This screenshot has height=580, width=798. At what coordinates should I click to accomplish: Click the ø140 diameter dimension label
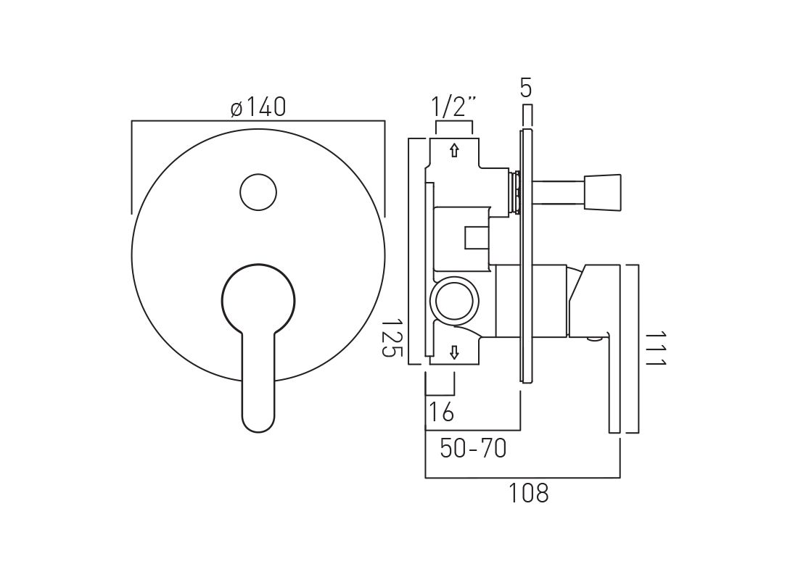click(x=258, y=108)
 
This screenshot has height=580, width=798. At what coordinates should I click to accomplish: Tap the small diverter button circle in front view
click(x=258, y=192)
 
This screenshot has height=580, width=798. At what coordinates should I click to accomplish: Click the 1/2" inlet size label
click(x=454, y=107)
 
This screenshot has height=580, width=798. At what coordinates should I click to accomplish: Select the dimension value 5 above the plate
click(x=527, y=88)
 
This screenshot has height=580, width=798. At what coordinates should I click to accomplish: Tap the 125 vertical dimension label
click(x=392, y=336)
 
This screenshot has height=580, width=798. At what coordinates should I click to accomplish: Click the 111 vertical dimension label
click(x=654, y=349)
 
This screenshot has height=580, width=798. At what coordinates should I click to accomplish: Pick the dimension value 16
click(x=441, y=412)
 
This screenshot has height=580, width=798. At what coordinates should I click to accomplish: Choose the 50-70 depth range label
click(x=473, y=449)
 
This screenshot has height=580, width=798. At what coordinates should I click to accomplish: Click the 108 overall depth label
click(x=528, y=494)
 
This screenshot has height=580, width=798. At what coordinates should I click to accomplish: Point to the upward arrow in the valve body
click(x=454, y=151)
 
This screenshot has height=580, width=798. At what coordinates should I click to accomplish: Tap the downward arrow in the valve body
click(x=454, y=352)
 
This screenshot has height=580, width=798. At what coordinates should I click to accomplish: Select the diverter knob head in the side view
click(x=602, y=193)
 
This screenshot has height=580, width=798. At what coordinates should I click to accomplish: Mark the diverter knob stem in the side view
click(x=559, y=193)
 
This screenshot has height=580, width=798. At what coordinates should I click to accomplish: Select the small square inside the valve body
click(x=476, y=236)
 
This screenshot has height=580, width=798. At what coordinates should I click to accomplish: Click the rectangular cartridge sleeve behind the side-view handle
click(x=531, y=301)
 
